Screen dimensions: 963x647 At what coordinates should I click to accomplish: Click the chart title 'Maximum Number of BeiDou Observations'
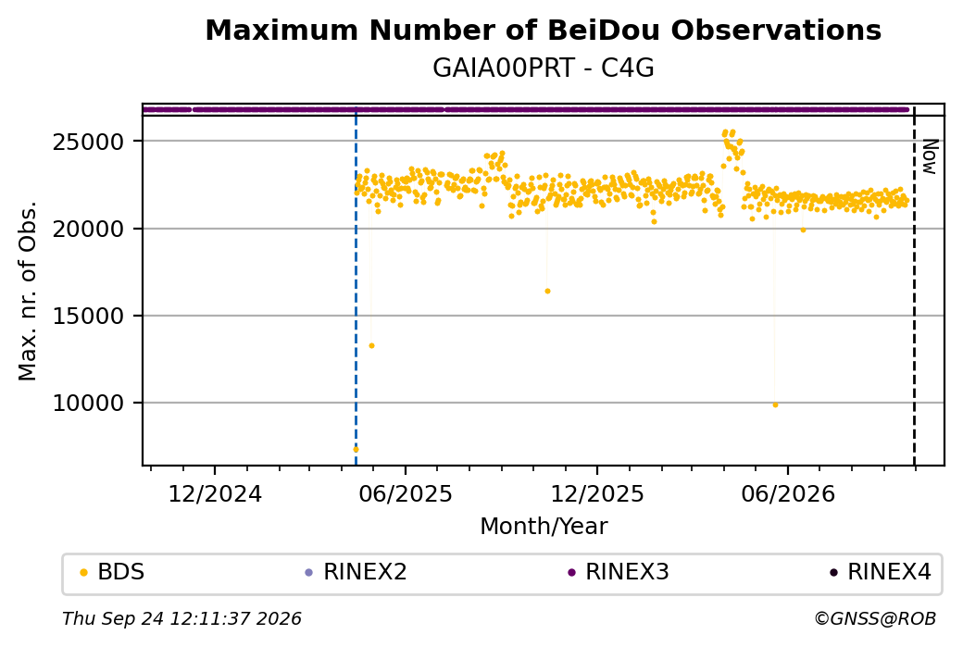coord(543,30)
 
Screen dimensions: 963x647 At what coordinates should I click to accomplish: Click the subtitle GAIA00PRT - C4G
coord(543,68)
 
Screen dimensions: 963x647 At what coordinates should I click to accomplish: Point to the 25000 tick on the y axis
coord(89,142)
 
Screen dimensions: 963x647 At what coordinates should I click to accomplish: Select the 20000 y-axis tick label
coord(89,229)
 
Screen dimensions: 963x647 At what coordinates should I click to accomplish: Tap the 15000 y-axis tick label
coord(89,317)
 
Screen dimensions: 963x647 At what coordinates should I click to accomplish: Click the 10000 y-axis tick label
coord(89,404)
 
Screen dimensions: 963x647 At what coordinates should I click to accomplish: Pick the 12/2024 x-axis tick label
coord(215,494)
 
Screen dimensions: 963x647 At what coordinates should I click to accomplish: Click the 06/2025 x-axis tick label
coord(406,494)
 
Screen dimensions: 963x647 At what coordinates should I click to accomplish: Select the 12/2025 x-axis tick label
coord(597,494)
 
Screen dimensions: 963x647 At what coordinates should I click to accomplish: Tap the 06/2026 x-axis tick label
coord(788,494)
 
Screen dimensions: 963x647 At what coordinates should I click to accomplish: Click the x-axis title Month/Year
coord(544,527)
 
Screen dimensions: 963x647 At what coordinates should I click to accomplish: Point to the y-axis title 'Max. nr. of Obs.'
coord(28,291)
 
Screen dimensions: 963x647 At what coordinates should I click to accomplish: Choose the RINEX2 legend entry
coord(356,572)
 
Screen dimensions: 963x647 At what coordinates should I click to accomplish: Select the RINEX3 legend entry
coord(619,572)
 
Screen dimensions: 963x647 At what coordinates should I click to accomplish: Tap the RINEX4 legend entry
coord(880,572)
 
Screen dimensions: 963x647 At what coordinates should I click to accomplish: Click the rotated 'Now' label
coord(930,156)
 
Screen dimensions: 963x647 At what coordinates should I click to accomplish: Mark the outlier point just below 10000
coord(775,405)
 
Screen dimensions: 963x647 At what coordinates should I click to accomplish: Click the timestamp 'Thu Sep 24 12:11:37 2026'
coord(181,618)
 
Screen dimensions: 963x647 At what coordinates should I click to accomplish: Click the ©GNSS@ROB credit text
coord(875,618)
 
